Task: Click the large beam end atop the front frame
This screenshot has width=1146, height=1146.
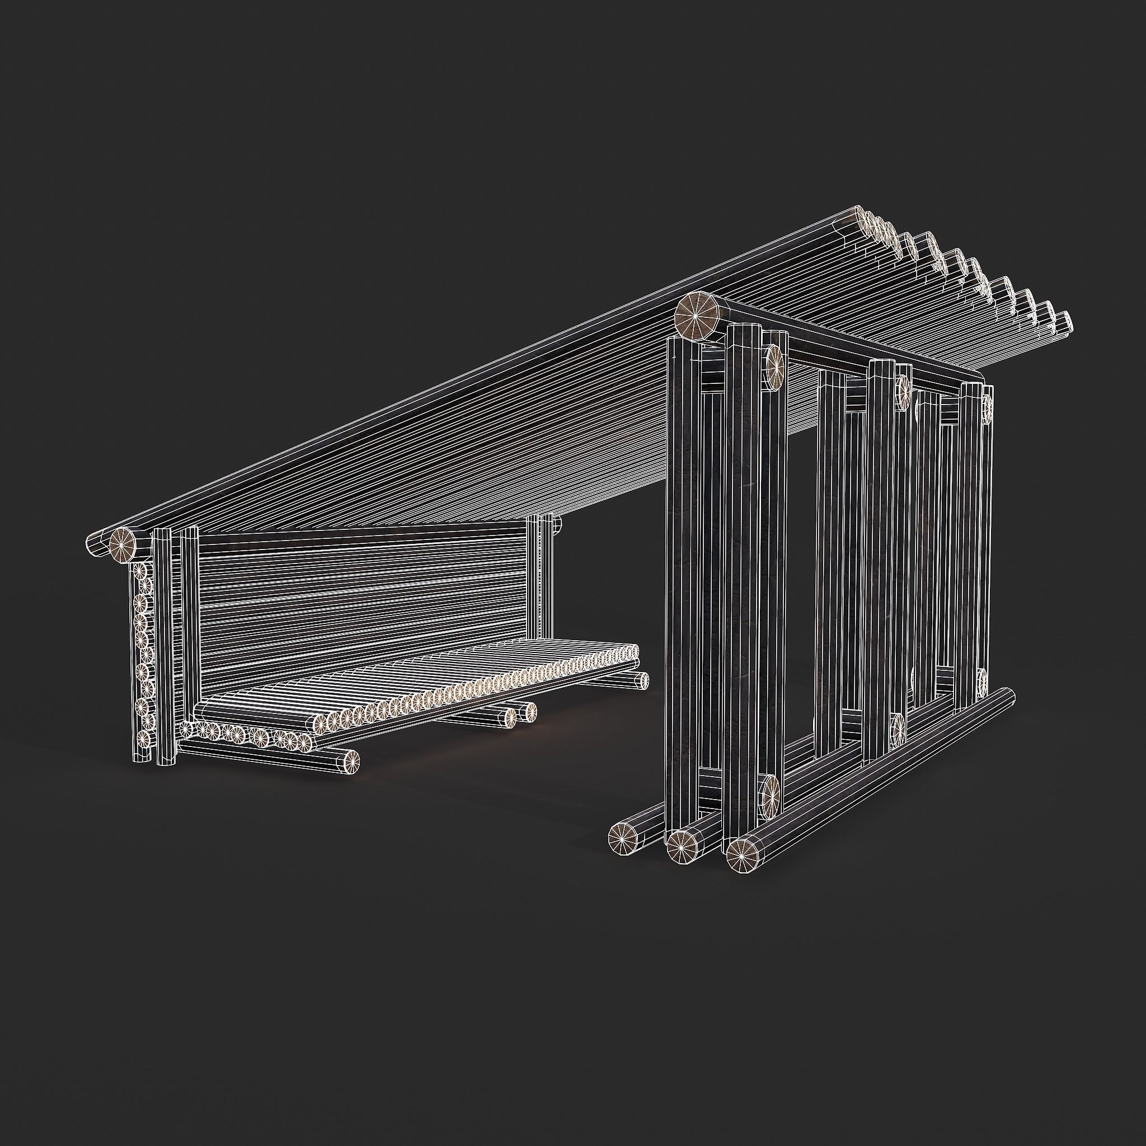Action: click(x=697, y=316)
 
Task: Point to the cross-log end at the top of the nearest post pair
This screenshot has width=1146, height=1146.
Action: click(x=773, y=368)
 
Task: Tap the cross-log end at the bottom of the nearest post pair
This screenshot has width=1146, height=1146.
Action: click(x=771, y=790)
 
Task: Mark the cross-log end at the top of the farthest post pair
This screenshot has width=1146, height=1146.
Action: click(x=988, y=407)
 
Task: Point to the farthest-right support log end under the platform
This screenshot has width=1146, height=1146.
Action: click(x=641, y=680)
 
